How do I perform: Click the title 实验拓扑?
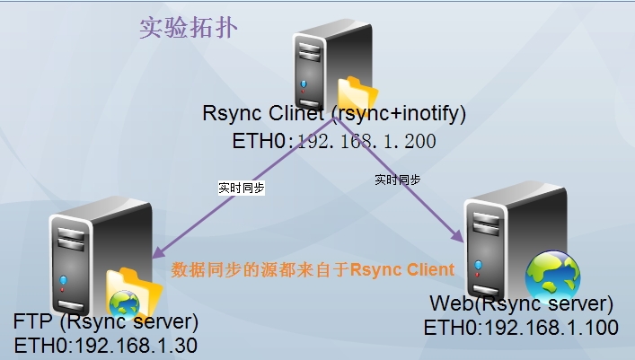tap(189, 27)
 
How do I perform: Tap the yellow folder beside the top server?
tap(356, 93)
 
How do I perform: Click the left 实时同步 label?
tap(241, 189)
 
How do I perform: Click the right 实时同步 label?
tap(398, 180)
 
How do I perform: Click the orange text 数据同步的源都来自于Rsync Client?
tap(313, 269)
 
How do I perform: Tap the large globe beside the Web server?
tap(552, 274)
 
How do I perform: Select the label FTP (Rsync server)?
tap(105, 322)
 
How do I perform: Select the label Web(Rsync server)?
tap(521, 303)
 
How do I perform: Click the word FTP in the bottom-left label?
tap(32, 322)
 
